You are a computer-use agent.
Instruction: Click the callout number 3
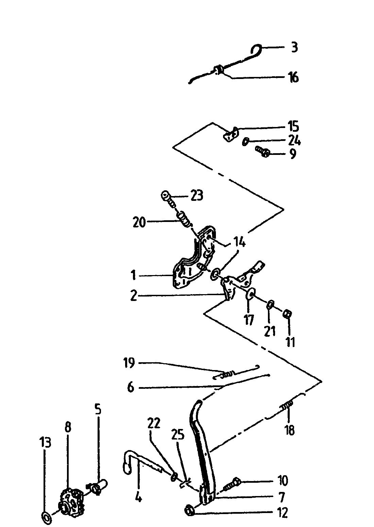point(294,47)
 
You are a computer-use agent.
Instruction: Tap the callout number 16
point(293,77)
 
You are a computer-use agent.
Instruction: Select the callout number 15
point(293,127)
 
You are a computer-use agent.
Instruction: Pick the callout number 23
point(196,196)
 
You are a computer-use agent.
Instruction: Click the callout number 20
point(140,223)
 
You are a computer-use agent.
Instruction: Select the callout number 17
point(249,320)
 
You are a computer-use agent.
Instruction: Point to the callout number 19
point(130,363)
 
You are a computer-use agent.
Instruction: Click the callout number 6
point(131,387)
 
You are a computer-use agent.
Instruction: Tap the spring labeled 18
point(287,405)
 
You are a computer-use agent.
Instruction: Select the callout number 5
point(98,409)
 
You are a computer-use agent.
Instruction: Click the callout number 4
point(138,498)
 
